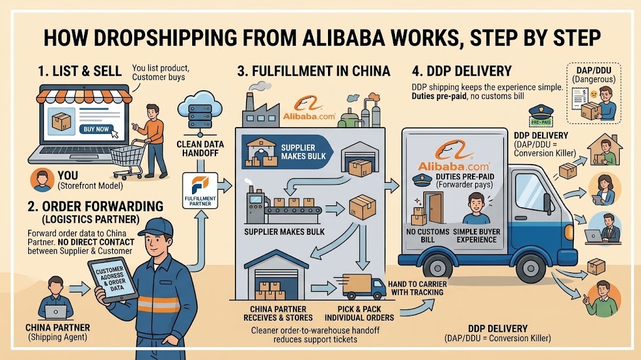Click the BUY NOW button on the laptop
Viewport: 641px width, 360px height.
tap(96, 129)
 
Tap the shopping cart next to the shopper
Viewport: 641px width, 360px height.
tap(128, 159)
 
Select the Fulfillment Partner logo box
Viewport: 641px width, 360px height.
tap(200, 190)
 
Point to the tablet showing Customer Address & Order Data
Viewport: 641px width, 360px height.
tap(113, 280)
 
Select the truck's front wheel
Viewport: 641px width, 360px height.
tap(531, 267)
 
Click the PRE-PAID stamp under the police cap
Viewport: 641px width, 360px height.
tap(540, 122)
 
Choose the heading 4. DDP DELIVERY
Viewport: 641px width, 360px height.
tap(461, 71)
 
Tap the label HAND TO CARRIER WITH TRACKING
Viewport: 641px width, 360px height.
tap(417, 288)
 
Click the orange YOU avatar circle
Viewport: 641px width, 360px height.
tap(42, 180)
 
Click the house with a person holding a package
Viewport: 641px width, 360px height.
tap(605, 150)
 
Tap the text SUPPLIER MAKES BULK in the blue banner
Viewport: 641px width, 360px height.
tap(304, 152)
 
